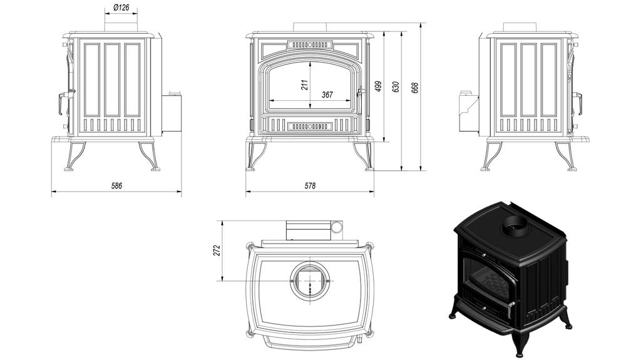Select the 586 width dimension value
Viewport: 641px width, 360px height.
tap(116, 186)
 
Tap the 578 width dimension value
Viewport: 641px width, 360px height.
tap(310, 186)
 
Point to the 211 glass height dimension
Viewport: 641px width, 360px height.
tap(305, 85)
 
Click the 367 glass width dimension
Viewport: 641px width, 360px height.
tap(327, 95)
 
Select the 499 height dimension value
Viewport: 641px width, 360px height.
tap(377, 87)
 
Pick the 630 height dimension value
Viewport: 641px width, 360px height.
tap(395, 87)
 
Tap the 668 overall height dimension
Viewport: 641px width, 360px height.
tap(415, 87)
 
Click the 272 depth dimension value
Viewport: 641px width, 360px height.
tap(217, 251)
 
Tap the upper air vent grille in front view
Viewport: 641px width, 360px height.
tap(309, 46)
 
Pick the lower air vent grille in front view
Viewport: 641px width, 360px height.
tap(309, 126)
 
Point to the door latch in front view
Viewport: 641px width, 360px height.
tap(360, 93)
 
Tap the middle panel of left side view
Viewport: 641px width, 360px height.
tap(112, 80)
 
